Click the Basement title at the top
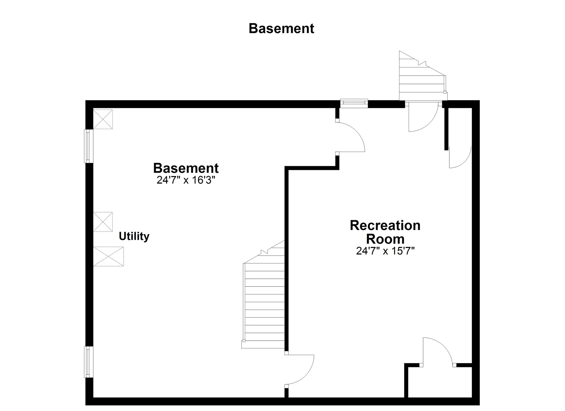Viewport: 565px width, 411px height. [281, 29]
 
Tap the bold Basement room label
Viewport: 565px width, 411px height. [186, 168]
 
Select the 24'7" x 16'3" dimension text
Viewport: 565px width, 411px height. [186, 180]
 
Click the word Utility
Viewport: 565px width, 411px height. [134, 236]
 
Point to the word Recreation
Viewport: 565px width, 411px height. [385, 226]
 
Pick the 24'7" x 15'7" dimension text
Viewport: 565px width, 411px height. [385, 251]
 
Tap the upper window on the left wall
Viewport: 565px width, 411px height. [89, 146]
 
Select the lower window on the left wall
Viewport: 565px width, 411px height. [89, 362]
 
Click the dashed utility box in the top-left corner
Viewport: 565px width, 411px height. [103, 119]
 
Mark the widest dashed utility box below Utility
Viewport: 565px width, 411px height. [109, 256]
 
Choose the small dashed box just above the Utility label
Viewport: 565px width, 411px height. [103, 222]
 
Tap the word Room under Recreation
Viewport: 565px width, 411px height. [385, 239]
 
